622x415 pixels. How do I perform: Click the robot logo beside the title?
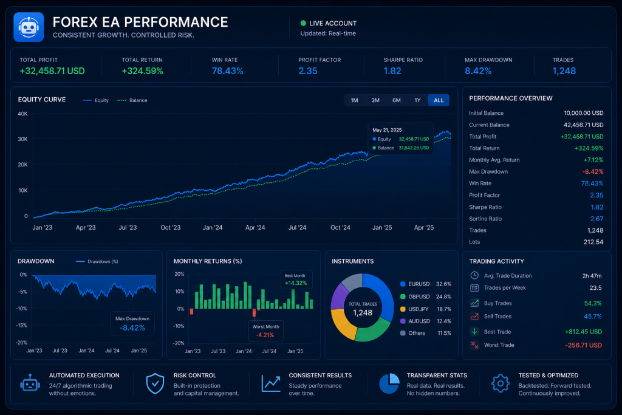[x=29, y=27]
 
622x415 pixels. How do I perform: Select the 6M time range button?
[x=396, y=100]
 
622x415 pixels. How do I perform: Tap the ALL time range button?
[x=439, y=100]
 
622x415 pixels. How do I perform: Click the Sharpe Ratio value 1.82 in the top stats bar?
[x=392, y=71]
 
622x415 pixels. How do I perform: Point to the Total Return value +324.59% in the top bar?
[x=142, y=71]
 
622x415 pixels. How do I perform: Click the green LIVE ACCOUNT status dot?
[x=303, y=23]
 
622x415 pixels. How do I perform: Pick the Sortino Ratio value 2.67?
[x=596, y=219]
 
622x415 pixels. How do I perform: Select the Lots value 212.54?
[x=593, y=242]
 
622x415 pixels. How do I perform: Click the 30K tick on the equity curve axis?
[x=22, y=139]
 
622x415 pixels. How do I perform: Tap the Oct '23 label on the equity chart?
[x=171, y=228]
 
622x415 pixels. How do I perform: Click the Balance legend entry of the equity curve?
[x=132, y=100]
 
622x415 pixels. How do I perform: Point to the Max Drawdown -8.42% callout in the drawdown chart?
[x=132, y=324]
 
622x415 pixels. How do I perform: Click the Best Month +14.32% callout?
[x=296, y=280]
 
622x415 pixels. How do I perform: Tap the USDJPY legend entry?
[x=426, y=309]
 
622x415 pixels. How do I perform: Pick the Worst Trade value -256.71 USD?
[x=584, y=345]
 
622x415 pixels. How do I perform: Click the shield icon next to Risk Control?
[x=155, y=383]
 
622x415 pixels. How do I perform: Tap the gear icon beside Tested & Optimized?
[x=501, y=383]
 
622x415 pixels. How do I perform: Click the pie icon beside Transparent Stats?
[x=389, y=383]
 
